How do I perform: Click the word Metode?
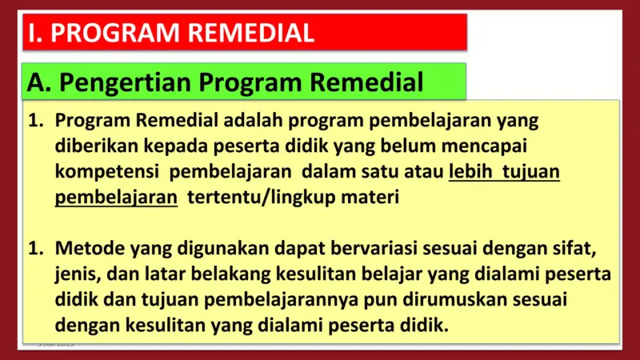[x=83, y=249]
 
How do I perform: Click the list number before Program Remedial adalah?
[x=35, y=121]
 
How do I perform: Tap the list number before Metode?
[x=35, y=249]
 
